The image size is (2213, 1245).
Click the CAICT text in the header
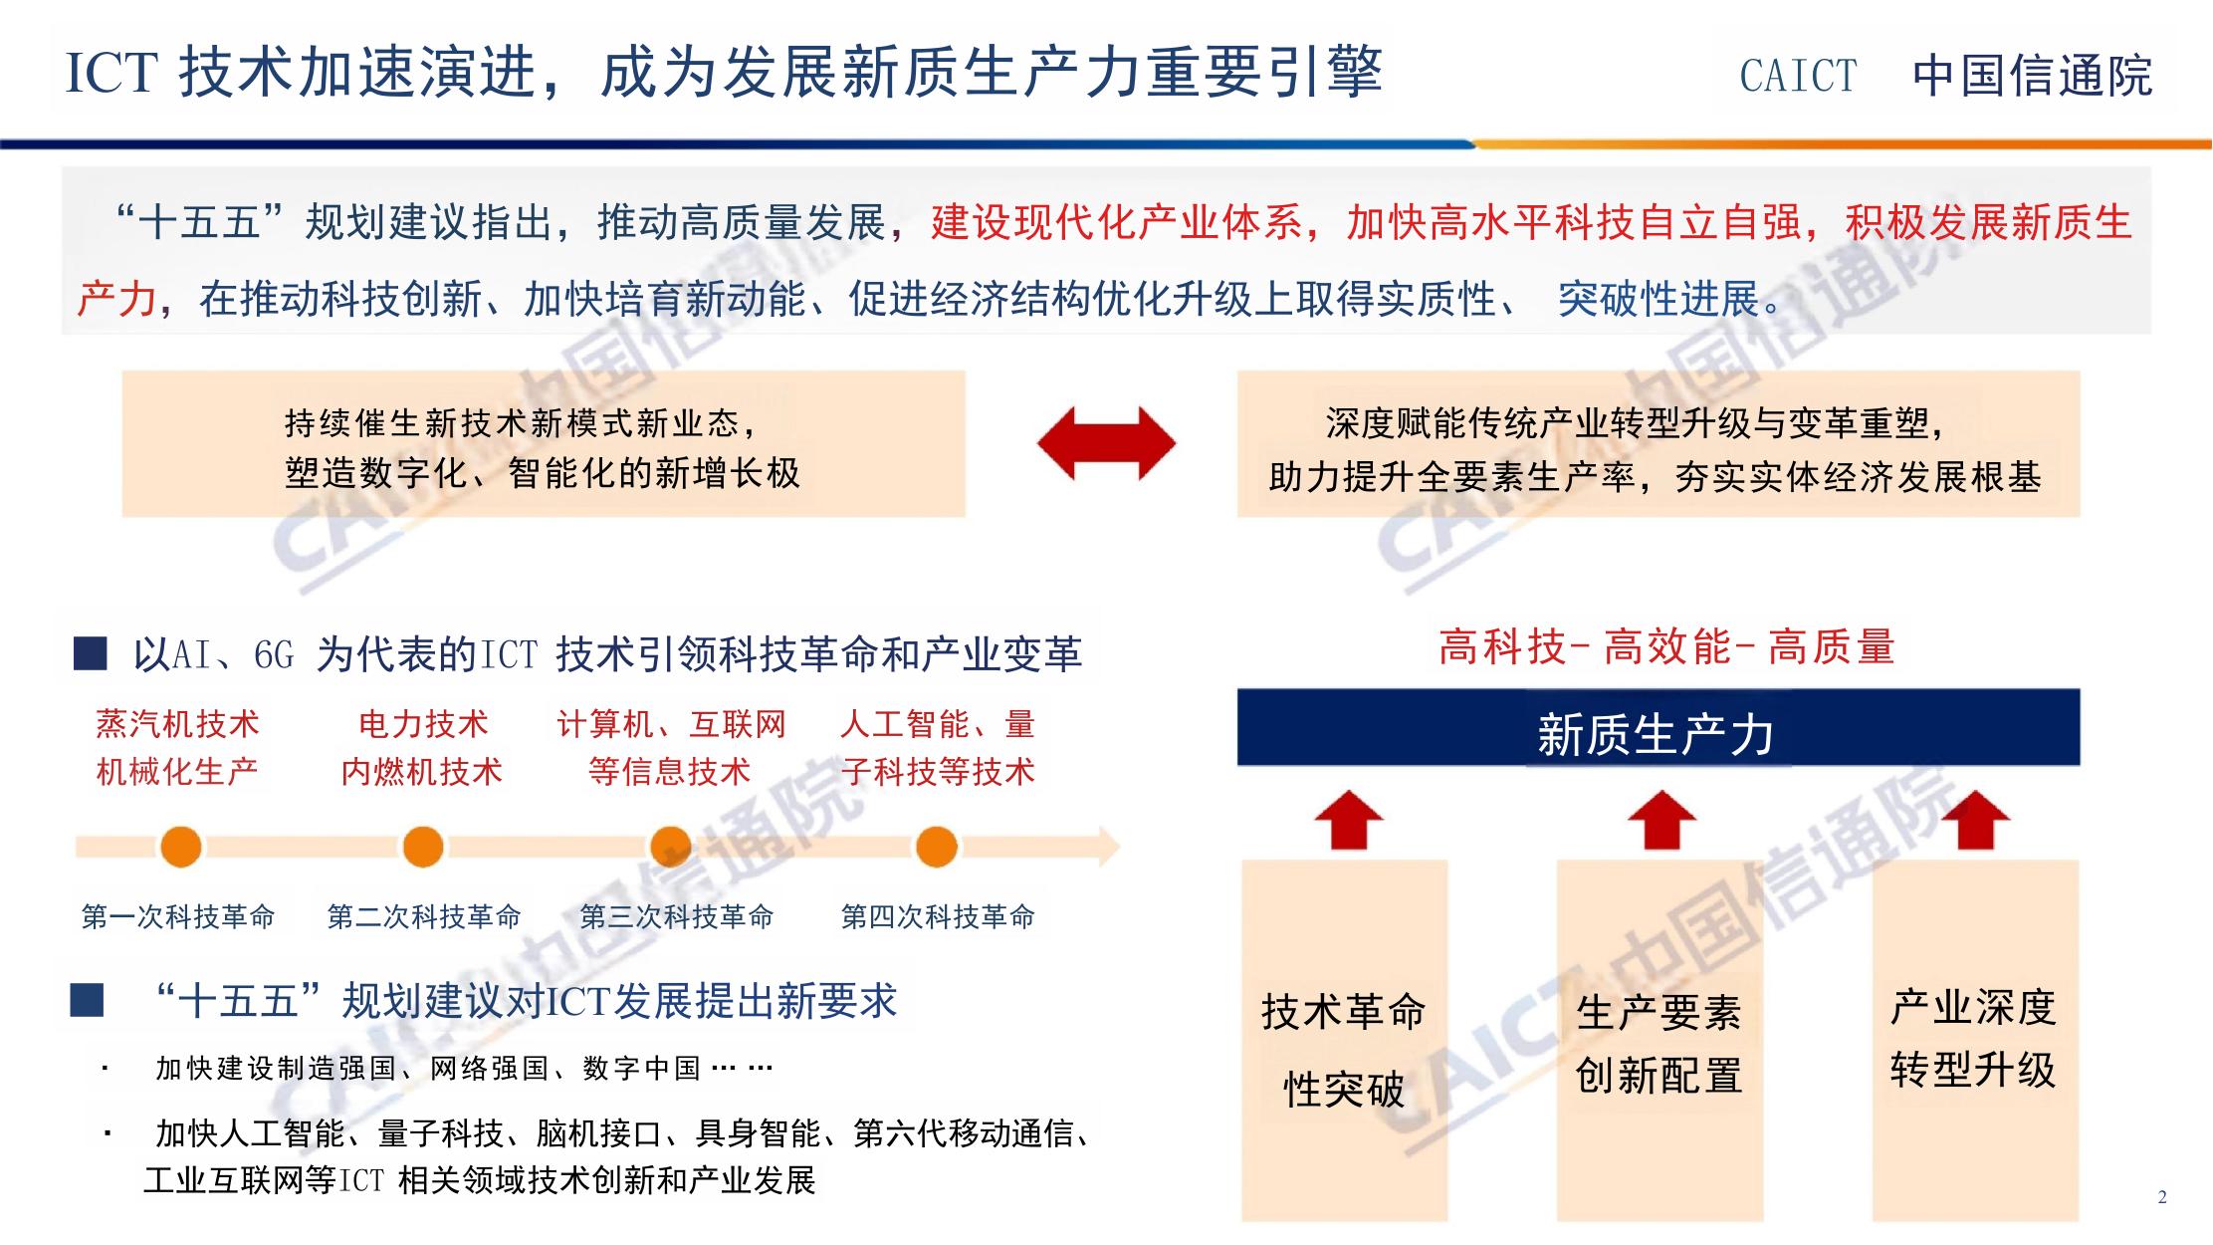click(x=1798, y=77)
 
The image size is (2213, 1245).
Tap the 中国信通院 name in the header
click(x=2032, y=77)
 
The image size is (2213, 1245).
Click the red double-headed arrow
click(x=1106, y=443)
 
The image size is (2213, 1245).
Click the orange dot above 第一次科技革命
click(x=181, y=847)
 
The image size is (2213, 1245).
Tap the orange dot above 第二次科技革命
click(x=423, y=847)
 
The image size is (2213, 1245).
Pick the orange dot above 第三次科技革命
click(x=671, y=847)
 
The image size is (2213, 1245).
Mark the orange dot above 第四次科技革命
click(x=936, y=847)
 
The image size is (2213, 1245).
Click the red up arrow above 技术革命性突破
click(x=1348, y=819)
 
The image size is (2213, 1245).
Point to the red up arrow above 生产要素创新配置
click(x=1660, y=819)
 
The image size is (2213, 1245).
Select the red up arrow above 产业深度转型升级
click(x=1975, y=819)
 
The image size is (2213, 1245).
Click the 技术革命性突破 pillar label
click(x=1344, y=1050)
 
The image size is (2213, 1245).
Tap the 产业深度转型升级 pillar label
click(x=1973, y=1038)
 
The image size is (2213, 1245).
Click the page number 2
click(x=2161, y=1197)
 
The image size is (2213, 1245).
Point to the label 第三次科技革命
click(x=676, y=916)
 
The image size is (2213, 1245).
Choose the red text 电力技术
click(x=423, y=724)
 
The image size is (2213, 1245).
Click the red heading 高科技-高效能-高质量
click(x=1665, y=647)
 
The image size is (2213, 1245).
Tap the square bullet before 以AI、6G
click(x=91, y=654)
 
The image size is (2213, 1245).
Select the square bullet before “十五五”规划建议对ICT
click(x=87, y=1000)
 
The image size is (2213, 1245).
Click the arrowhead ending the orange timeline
click(x=1107, y=847)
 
